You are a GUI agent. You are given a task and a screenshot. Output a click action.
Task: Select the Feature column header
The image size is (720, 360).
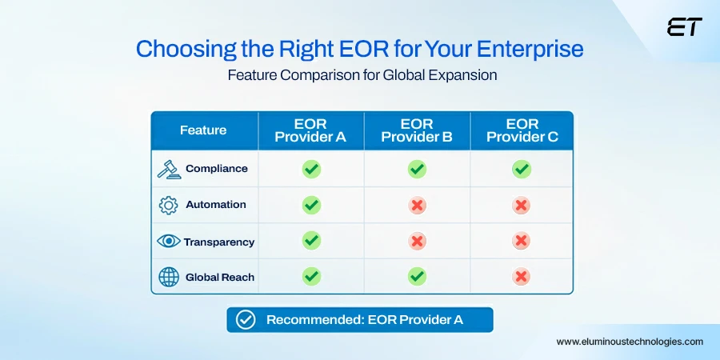[203, 130]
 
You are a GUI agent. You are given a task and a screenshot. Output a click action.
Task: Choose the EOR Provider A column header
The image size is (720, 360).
[310, 130]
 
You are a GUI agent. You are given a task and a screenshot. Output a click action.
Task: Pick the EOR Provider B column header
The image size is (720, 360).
[417, 130]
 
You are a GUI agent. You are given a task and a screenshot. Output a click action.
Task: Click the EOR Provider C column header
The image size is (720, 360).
[522, 130]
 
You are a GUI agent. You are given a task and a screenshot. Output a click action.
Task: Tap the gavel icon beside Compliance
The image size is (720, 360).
[168, 169]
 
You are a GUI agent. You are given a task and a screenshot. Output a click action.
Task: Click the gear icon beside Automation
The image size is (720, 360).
[168, 205]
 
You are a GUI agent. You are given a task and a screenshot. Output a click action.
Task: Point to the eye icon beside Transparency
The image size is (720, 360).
[168, 241]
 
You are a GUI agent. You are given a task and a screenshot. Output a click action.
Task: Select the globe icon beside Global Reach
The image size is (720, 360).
[168, 277]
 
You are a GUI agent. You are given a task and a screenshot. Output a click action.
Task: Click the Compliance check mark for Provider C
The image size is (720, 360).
[522, 169]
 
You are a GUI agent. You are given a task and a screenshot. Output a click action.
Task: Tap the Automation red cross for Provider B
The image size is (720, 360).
[417, 205]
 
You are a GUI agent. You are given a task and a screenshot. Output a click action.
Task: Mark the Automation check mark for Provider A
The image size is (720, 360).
[311, 205]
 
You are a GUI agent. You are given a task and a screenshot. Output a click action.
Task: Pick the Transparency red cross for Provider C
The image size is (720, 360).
[522, 241]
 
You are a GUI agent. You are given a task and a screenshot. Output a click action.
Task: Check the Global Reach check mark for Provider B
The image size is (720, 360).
[417, 277]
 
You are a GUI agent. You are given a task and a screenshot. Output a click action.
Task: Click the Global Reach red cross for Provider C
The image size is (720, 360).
[522, 277]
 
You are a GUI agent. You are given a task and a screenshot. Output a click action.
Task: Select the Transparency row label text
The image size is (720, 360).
[219, 242]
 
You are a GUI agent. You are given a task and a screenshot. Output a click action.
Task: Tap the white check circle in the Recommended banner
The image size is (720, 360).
[246, 320]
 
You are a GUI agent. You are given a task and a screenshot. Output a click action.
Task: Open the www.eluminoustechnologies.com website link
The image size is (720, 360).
[630, 342]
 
